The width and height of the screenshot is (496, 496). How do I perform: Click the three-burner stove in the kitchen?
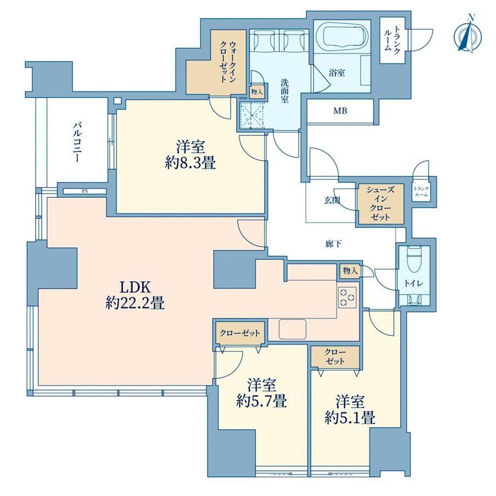[x=347, y=298]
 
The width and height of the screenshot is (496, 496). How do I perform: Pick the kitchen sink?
[x=293, y=329]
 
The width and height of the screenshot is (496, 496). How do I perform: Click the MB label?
[x=340, y=111]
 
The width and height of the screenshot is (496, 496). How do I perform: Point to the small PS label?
[x=85, y=191]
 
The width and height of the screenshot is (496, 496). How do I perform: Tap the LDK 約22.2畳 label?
[x=135, y=295]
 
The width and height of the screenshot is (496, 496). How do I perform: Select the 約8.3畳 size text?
[x=190, y=163]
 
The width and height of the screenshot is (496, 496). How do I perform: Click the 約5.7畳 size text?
[x=261, y=402]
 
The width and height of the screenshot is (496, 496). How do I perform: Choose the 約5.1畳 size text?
[x=350, y=418]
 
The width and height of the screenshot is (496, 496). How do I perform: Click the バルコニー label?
[x=78, y=142]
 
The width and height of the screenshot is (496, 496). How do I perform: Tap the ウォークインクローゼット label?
[x=228, y=61]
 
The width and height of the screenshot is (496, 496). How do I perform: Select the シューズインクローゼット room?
[x=381, y=204]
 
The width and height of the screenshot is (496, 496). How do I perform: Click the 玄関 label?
[x=332, y=200]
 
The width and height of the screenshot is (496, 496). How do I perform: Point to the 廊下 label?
[x=333, y=244]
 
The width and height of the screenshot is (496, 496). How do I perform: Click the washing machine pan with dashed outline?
[x=252, y=115]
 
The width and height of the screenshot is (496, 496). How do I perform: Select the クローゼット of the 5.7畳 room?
[x=240, y=333]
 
